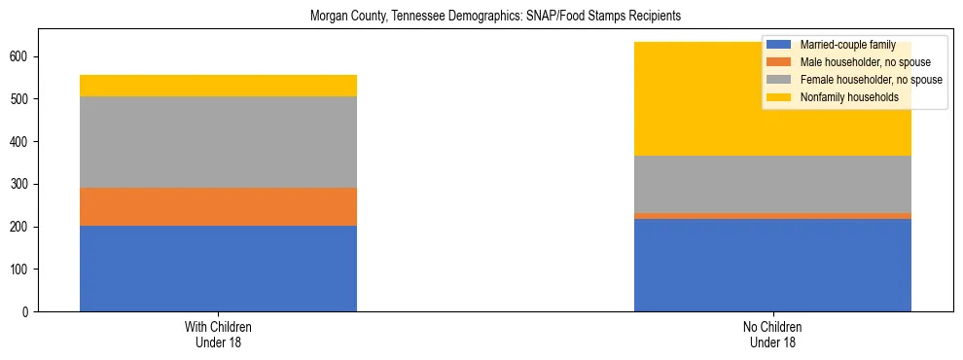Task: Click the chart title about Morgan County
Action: pyautogui.click(x=495, y=17)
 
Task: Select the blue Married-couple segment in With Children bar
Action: pyautogui.click(x=218, y=269)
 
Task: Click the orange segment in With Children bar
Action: pyautogui.click(x=218, y=206)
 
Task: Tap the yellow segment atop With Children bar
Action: pyautogui.click(x=218, y=86)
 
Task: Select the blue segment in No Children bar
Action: pyautogui.click(x=772, y=265)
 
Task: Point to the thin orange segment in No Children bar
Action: pyautogui.click(x=772, y=216)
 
